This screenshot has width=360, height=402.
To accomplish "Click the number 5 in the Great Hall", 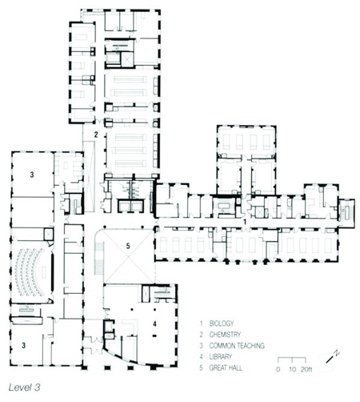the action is pos(128,246).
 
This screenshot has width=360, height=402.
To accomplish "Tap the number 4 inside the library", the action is pos(154,324).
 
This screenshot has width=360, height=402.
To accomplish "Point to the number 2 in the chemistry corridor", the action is pos(96,135).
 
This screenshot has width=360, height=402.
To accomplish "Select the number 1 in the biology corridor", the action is pos(245,222).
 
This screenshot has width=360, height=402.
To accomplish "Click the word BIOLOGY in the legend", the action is pos(222,324).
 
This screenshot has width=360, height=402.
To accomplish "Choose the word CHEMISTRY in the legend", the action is pos(225,335).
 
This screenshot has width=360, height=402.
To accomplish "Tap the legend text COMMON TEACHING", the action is pos(237,346).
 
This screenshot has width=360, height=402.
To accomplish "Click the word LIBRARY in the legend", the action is pos(220,356).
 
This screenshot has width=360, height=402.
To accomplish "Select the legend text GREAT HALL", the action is pos(226,368).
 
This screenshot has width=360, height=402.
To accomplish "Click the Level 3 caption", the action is pos(24,388).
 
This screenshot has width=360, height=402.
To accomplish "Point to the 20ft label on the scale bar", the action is pos(306,369).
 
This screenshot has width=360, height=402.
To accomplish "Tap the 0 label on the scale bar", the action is pos(278,370).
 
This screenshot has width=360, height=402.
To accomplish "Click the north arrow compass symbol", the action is pos(329,359).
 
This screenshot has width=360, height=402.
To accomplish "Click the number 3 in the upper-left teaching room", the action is pos(32,175).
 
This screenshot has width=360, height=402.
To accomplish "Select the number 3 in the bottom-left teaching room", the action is pos(24,345).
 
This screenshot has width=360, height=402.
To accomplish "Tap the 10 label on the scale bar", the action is pos(292,370).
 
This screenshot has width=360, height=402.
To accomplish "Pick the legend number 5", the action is pos(202,368).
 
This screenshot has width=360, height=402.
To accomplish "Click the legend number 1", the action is pos(202,324).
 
